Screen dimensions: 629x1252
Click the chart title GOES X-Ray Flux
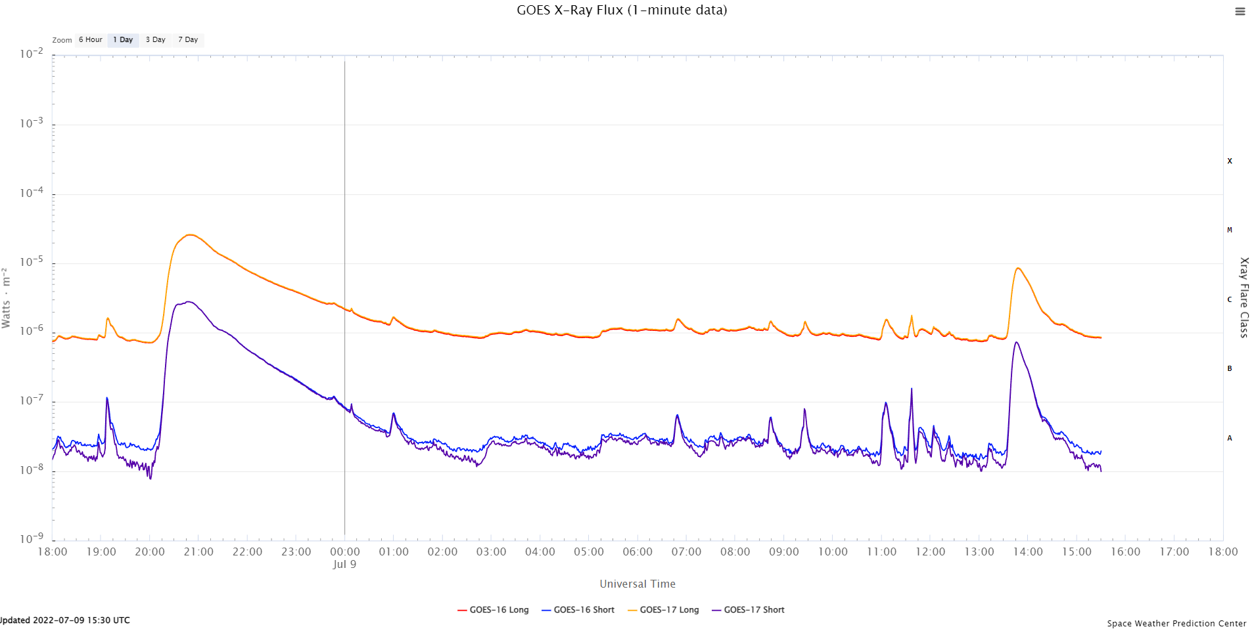[621, 10]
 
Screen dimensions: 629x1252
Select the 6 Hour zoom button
[90, 40]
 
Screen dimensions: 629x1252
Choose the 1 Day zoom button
[123, 40]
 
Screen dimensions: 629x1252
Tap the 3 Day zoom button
[155, 40]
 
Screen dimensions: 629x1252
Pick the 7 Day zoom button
[188, 40]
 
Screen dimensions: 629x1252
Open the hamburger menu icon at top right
[1240, 11]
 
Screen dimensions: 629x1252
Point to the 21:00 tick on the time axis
[198, 552]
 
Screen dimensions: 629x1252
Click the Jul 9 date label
[344, 565]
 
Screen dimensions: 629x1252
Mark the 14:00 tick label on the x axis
[1028, 552]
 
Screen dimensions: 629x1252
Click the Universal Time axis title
[638, 584]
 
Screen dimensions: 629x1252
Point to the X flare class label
[1230, 161]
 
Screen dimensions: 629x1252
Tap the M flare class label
[1230, 230]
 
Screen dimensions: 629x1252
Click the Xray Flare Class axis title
[1243, 297]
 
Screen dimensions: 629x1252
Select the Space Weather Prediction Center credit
[1176, 623]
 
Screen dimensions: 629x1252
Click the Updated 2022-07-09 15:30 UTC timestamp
[66, 620]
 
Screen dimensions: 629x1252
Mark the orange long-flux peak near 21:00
[189, 234]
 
